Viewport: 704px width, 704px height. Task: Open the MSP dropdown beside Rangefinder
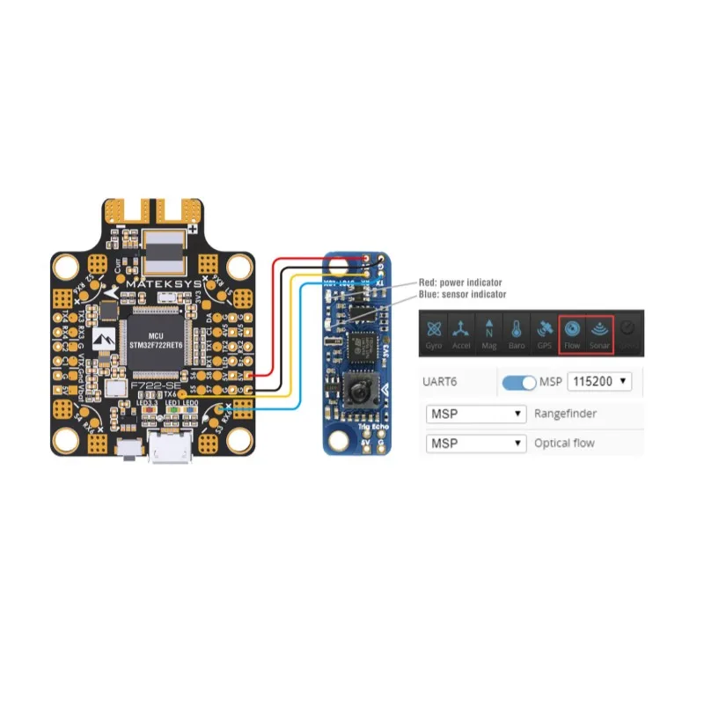475,413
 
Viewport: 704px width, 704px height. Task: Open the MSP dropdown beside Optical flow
475,443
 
